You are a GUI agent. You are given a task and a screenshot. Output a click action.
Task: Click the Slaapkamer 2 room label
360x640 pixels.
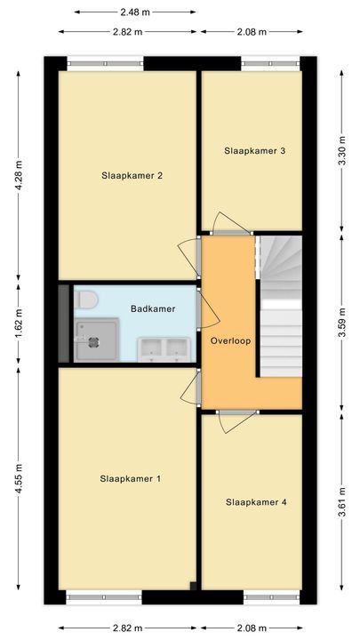pyautogui.click(x=131, y=175)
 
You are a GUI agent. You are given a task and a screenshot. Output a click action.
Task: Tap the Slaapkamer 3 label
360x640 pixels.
pyautogui.click(x=255, y=151)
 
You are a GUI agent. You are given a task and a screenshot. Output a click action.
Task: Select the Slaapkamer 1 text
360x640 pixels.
pyautogui.click(x=131, y=479)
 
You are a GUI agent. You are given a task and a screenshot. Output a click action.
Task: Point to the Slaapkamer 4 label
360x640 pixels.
pyautogui.click(x=256, y=502)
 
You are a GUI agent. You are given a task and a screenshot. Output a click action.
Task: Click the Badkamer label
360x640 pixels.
pyautogui.click(x=152, y=309)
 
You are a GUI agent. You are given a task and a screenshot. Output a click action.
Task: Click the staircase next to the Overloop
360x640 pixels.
pyautogui.click(x=280, y=307)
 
